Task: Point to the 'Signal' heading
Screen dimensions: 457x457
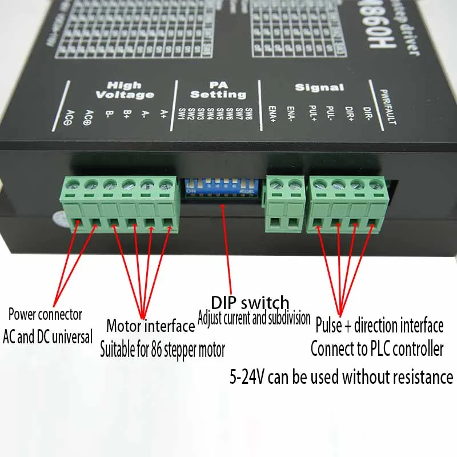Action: coord(319,87)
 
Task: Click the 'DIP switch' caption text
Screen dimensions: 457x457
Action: coord(250,302)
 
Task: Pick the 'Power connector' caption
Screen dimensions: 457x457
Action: coord(45,314)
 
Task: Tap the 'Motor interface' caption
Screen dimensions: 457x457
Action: coord(150,326)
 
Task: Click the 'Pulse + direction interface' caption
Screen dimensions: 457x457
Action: coord(379,326)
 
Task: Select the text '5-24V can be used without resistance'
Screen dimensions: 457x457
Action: coord(341,376)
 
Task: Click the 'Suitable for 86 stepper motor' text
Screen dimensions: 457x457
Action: coord(163,347)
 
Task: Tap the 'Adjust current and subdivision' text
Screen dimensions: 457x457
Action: coord(254,317)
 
